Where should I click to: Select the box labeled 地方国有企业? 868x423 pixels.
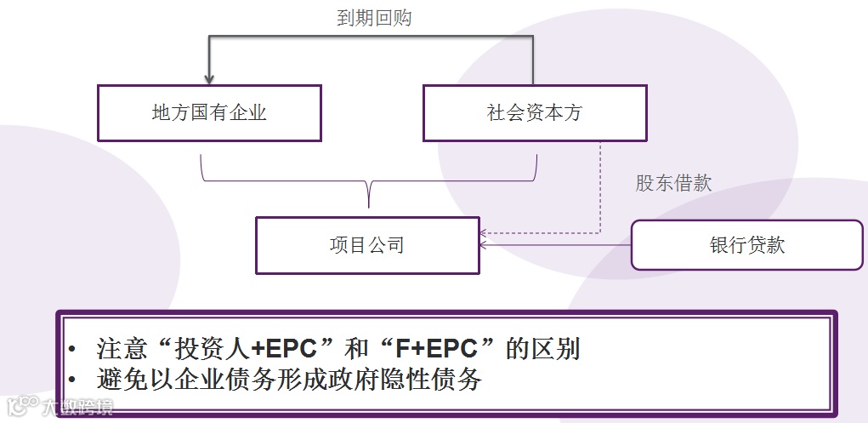point(209,113)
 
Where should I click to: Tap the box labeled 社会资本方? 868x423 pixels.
point(534,113)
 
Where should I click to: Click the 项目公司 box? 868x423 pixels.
point(367,246)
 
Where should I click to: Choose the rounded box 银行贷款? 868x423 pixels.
point(746,245)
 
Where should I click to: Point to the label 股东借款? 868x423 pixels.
point(673,183)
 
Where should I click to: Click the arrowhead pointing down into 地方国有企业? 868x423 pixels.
point(209,79)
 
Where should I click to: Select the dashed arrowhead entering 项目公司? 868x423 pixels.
point(485,232)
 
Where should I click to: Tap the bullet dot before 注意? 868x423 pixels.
point(73,350)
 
